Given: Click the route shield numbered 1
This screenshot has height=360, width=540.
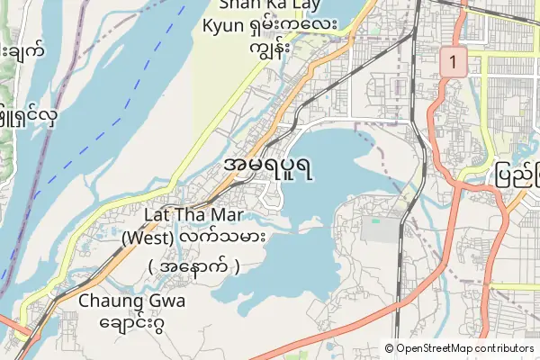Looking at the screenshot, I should [x=452, y=63].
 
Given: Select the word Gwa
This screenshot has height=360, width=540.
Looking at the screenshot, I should [x=166, y=301].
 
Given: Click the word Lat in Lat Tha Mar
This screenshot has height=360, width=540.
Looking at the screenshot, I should [x=159, y=216].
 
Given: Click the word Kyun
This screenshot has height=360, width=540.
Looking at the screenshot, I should [x=224, y=26].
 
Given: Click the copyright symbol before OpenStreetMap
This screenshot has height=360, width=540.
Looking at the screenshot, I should [x=390, y=348].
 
